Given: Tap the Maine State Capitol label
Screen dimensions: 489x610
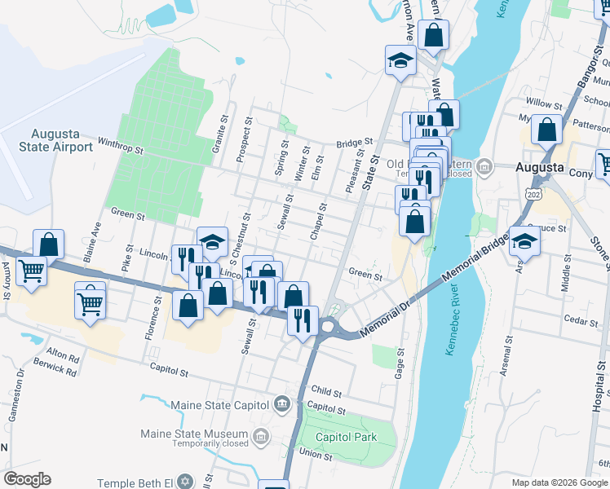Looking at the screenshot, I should click(x=219, y=404).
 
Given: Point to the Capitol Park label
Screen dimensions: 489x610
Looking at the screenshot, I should click(x=347, y=437).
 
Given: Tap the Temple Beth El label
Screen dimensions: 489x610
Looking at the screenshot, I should click(x=135, y=482).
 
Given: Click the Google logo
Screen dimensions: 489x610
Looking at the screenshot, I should click(x=27, y=479).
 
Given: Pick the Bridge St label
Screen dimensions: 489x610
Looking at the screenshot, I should click(x=354, y=143).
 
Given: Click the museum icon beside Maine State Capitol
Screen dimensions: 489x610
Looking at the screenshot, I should click(x=281, y=403).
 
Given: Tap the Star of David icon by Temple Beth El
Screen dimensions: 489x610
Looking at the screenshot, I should click(x=184, y=482).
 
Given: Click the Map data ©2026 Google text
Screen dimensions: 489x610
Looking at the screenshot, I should click(x=559, y=482).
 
